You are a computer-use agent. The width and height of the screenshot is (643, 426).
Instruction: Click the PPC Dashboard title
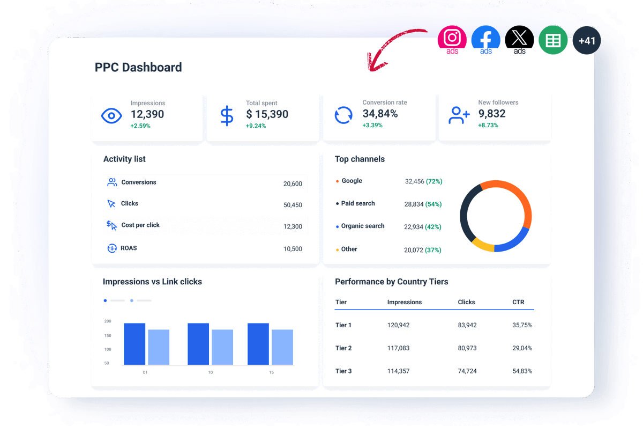click(138, 68)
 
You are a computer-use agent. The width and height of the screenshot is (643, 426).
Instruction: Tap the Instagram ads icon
click(452, 39)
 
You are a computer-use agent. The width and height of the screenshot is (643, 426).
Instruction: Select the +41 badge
click(587, 41)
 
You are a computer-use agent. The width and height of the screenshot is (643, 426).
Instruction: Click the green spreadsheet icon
click(553, 40)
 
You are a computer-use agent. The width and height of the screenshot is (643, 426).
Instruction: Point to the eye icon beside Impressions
click(111, 115)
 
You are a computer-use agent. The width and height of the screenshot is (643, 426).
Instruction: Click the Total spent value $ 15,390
click(267, 114)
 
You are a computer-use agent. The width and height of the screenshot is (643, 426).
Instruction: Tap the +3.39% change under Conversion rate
click(372, 126)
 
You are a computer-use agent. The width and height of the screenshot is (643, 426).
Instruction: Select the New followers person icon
click(459, 115)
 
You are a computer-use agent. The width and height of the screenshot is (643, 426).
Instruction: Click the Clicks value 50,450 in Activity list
click(293, 205)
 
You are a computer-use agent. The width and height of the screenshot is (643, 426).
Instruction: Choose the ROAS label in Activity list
click(129, 248)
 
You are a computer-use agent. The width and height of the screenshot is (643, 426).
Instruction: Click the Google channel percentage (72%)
click(434, 181)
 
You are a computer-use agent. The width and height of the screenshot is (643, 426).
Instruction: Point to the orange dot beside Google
click(337, 181)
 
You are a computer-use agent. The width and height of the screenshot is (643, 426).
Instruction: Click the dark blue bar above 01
click(134, 344)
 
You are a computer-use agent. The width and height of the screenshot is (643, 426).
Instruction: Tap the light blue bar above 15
click(282, 347)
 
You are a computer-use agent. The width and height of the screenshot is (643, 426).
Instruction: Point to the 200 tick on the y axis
click(108, 321)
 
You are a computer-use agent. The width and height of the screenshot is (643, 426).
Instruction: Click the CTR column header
click(518, 302)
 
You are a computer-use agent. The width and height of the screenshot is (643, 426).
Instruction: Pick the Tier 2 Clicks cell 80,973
click(467, 348)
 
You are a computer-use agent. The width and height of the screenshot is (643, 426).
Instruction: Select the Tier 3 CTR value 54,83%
click(522, 371)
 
